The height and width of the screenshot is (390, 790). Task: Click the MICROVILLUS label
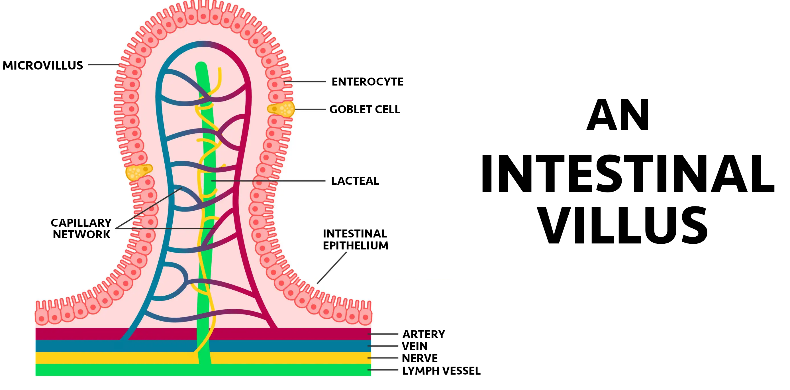43,65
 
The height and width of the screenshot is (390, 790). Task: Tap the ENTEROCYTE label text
367,82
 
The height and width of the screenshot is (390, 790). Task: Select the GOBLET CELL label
364,109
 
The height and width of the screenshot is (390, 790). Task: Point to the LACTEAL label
355,181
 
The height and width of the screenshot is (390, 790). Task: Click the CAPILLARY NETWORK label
81,229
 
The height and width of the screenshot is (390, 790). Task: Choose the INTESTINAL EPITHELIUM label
355,240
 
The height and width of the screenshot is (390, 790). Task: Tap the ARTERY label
424,334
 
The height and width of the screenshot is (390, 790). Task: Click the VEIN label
414,346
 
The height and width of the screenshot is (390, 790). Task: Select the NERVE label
420,358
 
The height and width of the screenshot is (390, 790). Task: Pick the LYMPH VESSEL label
441,371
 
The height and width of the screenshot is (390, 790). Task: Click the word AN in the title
618,115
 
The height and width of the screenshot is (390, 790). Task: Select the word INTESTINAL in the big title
627,174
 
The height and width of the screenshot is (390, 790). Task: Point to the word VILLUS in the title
623,226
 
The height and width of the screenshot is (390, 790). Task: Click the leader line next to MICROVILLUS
104,65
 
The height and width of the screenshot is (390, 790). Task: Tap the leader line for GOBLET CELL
310,109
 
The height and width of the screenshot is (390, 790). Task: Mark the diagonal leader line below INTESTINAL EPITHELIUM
332,268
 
